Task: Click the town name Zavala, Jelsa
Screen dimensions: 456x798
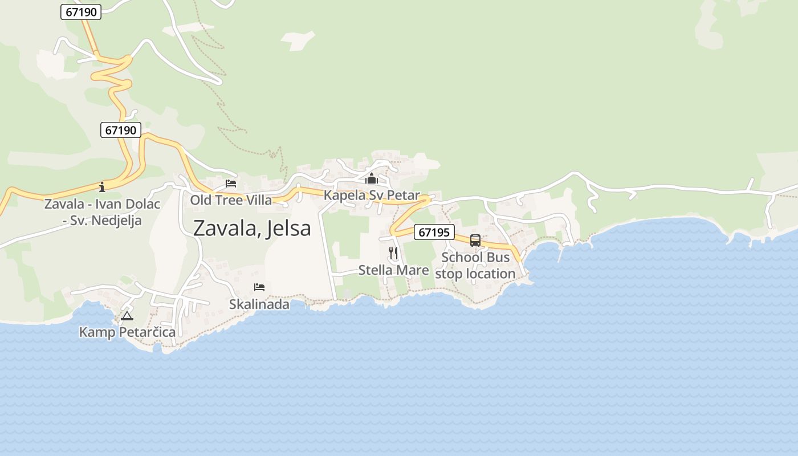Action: [x=252, y=228]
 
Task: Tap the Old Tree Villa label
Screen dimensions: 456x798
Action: [x=231, y=200]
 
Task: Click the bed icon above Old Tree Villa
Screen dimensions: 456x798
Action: [x=231, y=183]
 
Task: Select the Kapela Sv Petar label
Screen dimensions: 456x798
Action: [x=372, y=196]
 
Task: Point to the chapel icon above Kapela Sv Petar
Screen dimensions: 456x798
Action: [x=372, y=178]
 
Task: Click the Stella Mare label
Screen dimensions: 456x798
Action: [x=393, y=270]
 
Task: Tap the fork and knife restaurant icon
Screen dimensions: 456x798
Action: [x=393, y=253]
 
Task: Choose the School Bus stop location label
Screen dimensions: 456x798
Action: [x=475, y=266]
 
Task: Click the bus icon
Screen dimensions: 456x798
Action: [x=475, y=241]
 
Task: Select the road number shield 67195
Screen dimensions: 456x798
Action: [x=434, y=232]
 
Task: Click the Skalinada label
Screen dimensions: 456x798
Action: [x=259, y=304]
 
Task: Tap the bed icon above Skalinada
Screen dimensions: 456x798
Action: [x=259, y=287]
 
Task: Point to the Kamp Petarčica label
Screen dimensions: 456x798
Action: [x=127, y=332]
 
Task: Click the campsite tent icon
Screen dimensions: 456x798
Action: [x=127, y=315]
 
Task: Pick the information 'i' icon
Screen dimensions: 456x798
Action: [x=102, y=186]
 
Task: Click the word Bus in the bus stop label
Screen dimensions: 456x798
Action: [x=498, y=258]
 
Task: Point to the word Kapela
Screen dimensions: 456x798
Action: [x=344, y=196]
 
